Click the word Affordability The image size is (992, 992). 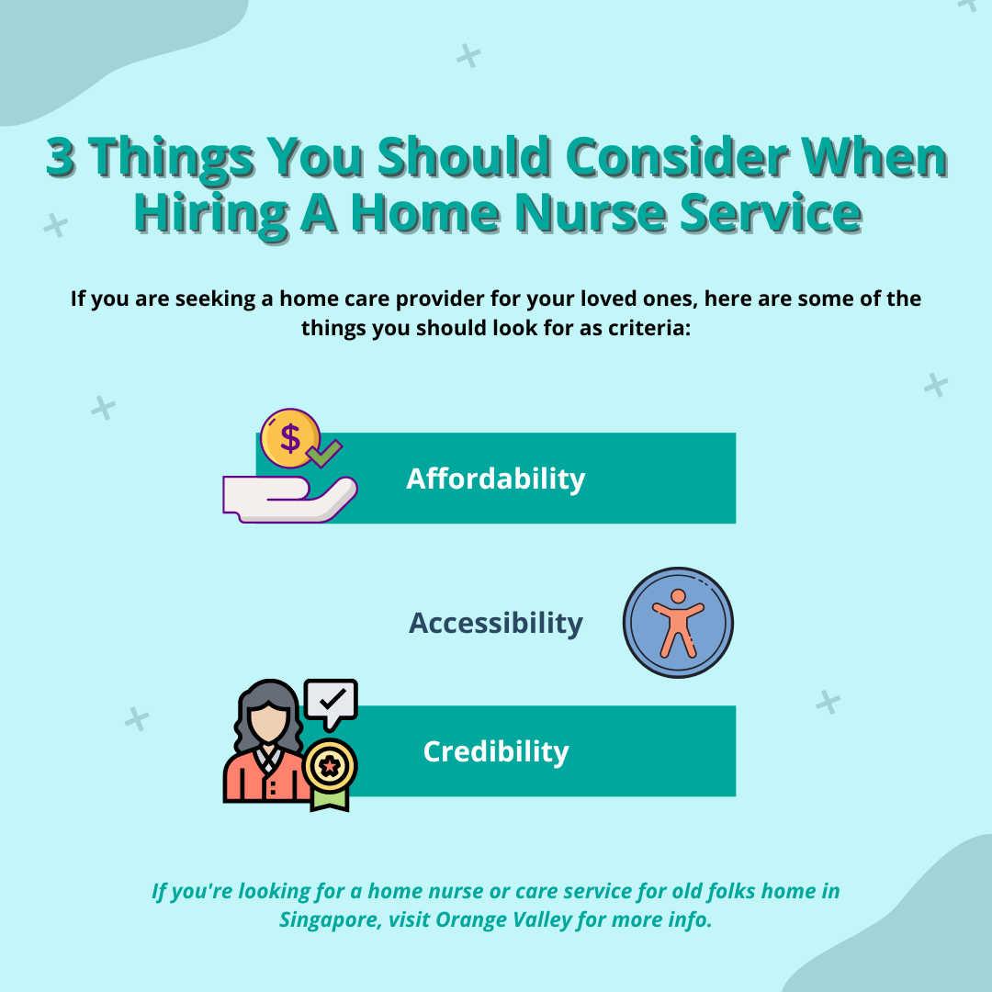pos(495,479)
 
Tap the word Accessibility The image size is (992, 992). pos(495,623)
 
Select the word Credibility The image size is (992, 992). pos(496,751)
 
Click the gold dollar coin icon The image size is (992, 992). pos(290,438)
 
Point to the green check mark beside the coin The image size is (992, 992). pos(324,453)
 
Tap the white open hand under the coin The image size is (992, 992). pos(289,500)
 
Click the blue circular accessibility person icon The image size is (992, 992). pos(678,623)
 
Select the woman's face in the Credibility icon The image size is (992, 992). pos(267,721)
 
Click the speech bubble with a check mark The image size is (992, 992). pos(331,704)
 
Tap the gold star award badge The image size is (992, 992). pos(330,765)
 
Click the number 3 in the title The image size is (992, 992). pos(62,156)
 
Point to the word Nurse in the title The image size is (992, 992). pos(591,213)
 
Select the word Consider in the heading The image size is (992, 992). pos(677,156)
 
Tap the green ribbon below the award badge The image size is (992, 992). pos(330,799)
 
